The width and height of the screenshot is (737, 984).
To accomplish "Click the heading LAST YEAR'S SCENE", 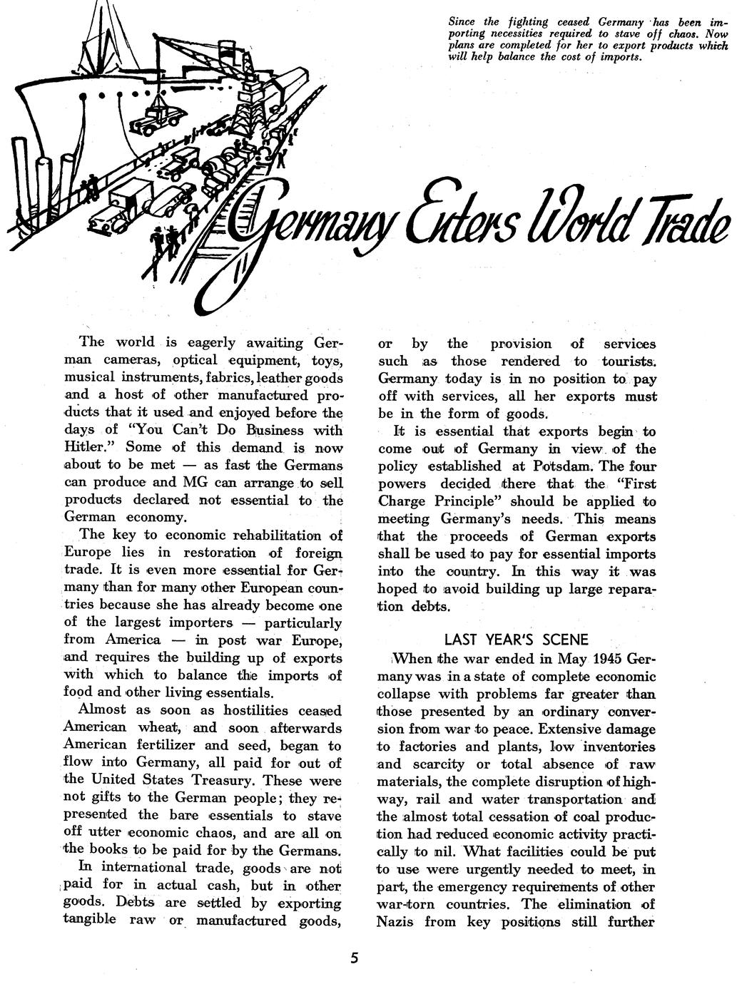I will pos(516,639).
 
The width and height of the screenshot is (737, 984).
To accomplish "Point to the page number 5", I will pos(355,958).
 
